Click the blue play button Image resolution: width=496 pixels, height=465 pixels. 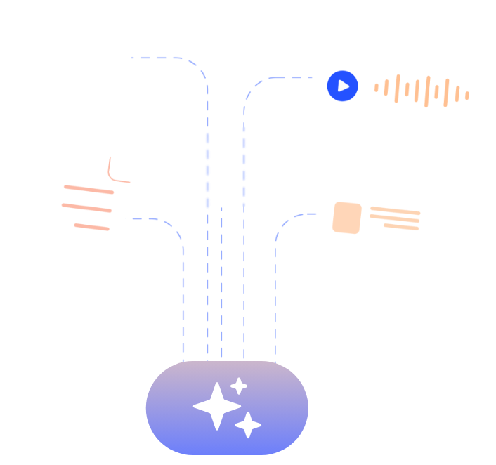[x=343, y=86]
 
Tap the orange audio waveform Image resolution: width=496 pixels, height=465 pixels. [x=422, y=91]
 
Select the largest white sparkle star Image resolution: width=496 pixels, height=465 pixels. [x=216, y=405]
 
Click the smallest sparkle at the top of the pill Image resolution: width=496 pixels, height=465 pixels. [x=239, y=386]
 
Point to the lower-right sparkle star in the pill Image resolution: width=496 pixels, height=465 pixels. [x=248, y=424]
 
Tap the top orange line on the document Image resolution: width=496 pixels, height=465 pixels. [x=88, y=189]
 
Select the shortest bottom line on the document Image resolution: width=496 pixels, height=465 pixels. [x=92, y=226]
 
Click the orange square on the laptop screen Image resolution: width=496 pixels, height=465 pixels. [x=347, y=218]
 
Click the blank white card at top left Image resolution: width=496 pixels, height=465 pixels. [x=67, y=65]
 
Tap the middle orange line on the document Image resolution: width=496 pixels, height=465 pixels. [x=86, y=207]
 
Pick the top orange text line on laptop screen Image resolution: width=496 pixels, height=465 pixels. [x=395, y=210]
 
